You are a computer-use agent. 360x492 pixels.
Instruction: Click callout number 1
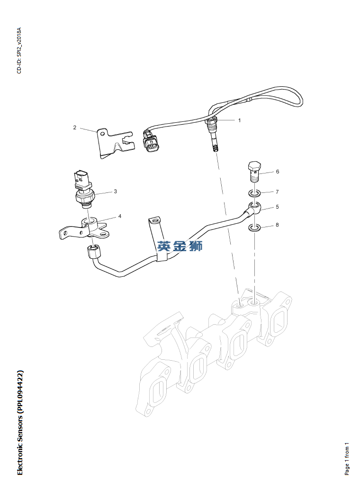(239, 120)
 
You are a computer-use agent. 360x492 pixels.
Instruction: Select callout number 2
(75, 127)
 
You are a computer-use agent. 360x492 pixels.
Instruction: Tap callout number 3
(115, 191)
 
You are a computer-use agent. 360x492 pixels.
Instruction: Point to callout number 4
(119, 216)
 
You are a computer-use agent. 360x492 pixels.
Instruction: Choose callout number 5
(277, 207)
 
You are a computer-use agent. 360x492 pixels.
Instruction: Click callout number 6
(277, 172)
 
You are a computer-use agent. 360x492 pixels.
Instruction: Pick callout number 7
(277, 192)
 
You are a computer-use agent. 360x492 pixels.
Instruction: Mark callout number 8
(277, 225)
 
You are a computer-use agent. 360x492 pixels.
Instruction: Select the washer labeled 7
(254, 193)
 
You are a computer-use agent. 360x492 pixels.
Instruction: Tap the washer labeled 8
(254, 228)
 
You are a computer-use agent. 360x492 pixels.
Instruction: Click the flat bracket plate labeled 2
(110, 143)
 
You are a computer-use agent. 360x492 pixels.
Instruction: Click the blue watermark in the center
(180, 246)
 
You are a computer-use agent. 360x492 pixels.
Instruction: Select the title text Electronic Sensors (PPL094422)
(19, 422)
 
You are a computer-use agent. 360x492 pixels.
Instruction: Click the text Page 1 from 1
(347, 459)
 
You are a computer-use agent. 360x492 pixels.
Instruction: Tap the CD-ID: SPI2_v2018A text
(19, 51)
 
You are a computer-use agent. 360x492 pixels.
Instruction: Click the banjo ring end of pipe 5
(254, 207)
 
